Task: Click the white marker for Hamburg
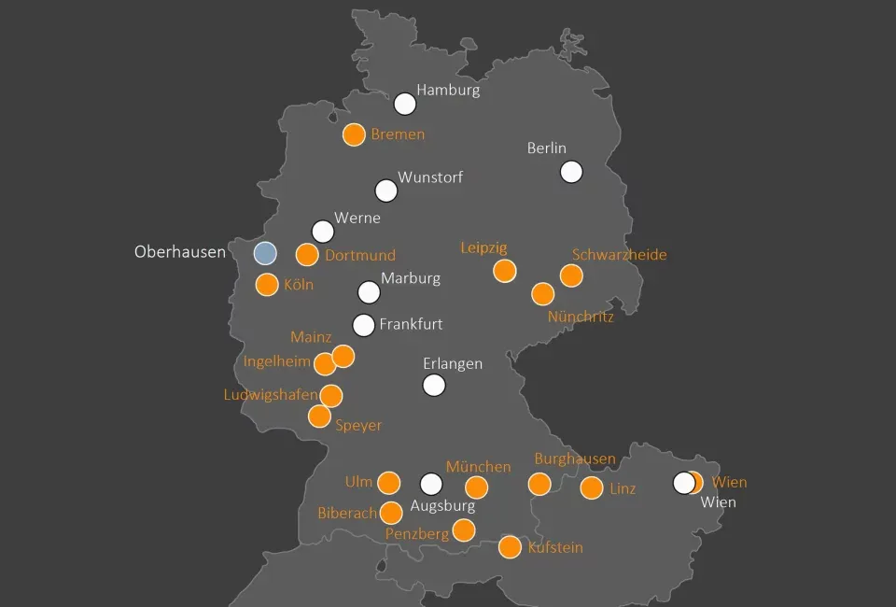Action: coord(405,104)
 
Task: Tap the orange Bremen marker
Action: coord(354,134)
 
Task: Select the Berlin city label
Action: coord(547,148)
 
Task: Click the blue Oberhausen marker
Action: coord(266,253)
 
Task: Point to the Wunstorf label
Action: coord(430,176)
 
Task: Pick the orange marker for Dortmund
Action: coord(307,254)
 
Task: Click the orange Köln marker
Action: coord(267,285)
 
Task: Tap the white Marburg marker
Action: coord(370,292)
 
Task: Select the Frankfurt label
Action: coord(411,325)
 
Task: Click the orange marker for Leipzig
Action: coord(505,271)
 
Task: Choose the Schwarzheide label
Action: coord(619,254)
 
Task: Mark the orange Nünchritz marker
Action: coord(543,294)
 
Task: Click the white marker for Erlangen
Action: coord(434,385)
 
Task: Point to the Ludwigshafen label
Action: coord(271,394)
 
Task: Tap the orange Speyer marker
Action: coord(320,416)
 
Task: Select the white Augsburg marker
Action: coord(431,484)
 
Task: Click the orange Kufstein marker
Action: coord(510,547)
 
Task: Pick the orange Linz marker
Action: coord(592,488)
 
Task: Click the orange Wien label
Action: coord(729,483)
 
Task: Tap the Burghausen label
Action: coord(575,459)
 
